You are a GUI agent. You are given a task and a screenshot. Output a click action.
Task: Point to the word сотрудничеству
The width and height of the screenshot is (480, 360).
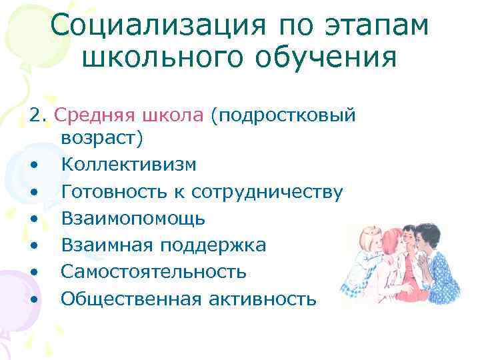267,192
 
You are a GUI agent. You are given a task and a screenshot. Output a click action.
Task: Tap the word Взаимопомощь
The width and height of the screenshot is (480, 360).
133,219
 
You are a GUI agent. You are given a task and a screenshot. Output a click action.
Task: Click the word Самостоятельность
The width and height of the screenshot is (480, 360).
154,272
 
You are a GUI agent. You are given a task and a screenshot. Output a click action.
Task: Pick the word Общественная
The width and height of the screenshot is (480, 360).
131,299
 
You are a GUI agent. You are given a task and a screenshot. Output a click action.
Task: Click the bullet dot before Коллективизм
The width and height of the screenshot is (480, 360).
33,165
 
